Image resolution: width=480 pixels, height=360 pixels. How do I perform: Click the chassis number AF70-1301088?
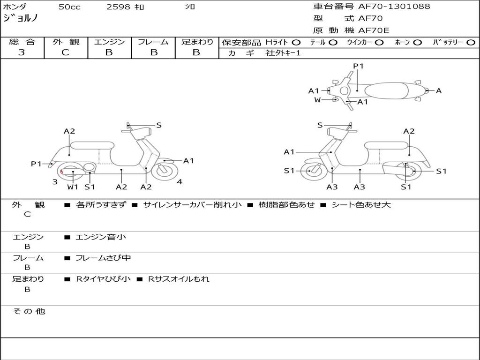[x=394, y=7]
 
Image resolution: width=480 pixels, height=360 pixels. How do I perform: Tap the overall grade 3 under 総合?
[x=22, y=52]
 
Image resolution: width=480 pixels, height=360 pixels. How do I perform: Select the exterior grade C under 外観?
[x=66, y=52]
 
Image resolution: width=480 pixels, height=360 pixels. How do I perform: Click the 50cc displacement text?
[x=69, y=7]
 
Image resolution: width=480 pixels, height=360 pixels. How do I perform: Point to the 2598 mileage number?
[x=118, y=7]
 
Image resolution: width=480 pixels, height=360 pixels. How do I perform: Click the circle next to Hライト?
[x=296, y=43]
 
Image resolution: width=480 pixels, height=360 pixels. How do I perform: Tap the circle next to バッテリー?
[x=471, y=43]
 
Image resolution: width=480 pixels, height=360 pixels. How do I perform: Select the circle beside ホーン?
[x=417, y=43]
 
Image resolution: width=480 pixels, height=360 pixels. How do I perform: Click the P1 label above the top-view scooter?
[x=358, y=66]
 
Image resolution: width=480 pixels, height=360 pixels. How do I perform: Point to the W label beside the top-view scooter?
[x=317, y=99]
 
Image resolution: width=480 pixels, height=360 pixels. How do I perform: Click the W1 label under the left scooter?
[x=73, y=187]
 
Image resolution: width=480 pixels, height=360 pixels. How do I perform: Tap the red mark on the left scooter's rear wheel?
[x=61, y=172]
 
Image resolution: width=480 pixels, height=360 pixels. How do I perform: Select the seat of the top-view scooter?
[x=386, y=91]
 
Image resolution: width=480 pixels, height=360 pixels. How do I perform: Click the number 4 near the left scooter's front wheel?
[x=180, y=182]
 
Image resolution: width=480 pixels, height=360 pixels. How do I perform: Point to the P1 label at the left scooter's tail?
[x=36, y=164]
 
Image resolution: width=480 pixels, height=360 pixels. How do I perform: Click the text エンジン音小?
[x=101, y=237]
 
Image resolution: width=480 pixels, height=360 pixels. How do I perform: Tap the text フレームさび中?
[x=103, y=258]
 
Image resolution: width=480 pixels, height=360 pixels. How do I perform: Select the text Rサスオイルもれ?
[x=179, y=279]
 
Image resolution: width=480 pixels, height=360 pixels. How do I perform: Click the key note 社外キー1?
[x=283, y=53]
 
